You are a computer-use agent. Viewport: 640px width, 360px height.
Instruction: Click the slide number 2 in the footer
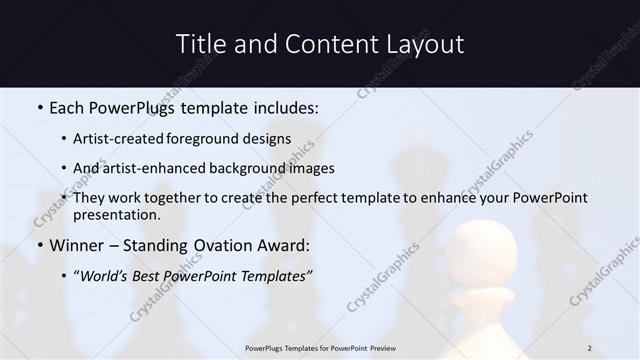pos(590,348)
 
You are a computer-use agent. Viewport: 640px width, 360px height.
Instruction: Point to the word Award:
pos(283,245)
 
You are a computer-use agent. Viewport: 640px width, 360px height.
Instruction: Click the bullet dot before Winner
pos(39,246)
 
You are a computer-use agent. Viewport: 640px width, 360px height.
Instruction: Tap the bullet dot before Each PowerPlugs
pos(39,106)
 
